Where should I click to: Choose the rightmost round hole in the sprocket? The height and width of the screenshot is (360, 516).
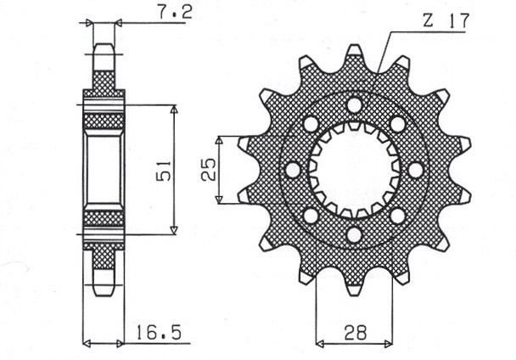point(415,170)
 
